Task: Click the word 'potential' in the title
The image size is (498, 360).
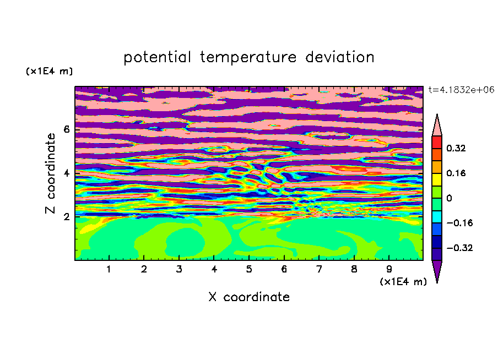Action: click(157, 57)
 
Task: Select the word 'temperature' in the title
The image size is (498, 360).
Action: click(248, 57)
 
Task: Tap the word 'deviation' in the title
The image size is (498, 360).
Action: click(340, 57)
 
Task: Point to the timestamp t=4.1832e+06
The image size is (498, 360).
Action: click(461, 90)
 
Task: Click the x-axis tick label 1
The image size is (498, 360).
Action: click(109, 269)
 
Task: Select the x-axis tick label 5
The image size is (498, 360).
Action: click(249, 269)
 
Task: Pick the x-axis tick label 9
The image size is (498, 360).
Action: click(389, 269)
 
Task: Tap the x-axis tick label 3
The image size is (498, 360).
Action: click(179, 269)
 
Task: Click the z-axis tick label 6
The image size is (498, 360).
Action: click(66, 129)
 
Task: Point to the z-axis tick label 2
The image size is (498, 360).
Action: click(66, 217)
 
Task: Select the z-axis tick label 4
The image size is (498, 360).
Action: click(66, 173)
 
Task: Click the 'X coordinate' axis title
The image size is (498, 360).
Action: click(249, 297)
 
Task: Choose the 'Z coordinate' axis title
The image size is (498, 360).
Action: click(51, 173)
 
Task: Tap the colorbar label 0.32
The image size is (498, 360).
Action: click(456, 148)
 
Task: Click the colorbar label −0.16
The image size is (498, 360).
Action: click(459, 223)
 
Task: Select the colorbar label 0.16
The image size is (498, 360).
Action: click(456, 173)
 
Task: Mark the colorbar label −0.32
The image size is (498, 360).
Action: click(459, 248)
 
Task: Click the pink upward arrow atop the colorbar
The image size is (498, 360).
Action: click(437, 126)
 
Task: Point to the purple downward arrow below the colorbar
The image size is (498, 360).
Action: click(437, 270)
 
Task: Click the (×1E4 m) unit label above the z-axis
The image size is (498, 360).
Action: click(49, 71)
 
